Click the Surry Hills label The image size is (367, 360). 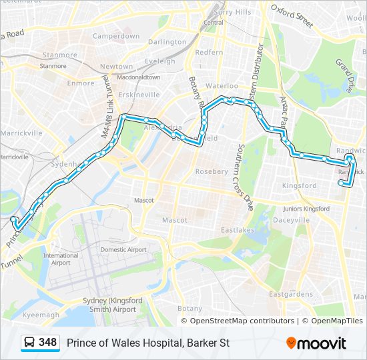point(233,12)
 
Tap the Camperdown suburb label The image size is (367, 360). point(116,36)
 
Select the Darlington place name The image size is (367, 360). point(167,41)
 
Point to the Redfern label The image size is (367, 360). point(209,52)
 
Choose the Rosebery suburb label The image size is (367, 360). point(211,171)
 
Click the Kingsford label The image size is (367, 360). point(300,185)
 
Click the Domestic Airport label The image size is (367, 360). point(123,249)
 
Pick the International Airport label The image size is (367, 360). point(61,259)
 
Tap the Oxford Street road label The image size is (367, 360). point(292,15)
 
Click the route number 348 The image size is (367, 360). point(47,343)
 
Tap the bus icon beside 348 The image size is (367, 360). point(30,343)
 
